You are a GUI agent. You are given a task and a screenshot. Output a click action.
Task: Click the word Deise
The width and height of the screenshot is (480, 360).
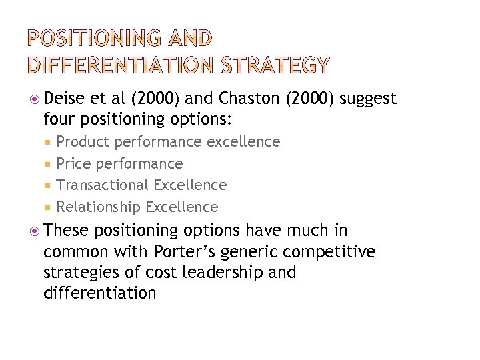point(64,99)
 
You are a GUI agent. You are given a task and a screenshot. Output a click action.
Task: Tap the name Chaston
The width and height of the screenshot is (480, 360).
point(246,99)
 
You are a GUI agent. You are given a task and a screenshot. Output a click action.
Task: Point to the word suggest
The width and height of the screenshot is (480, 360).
point(368,99)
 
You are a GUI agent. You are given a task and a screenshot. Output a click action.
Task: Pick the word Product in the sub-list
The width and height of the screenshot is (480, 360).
point(83,142)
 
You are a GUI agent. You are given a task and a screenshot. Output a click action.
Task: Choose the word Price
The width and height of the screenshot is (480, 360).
point(74,163)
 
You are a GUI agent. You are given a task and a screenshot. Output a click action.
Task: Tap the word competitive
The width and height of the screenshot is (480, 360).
point(337,252)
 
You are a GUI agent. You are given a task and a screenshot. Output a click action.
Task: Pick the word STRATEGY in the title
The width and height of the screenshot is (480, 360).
point(276,65)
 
